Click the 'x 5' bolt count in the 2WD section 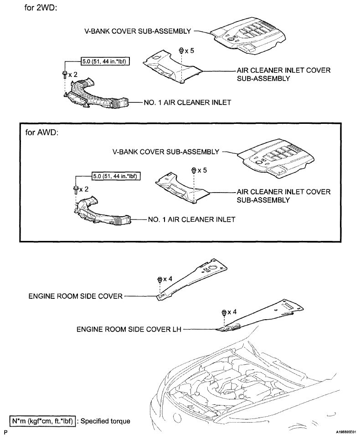(x=187, y=51)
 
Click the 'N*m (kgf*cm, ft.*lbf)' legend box (x=37, y=421)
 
